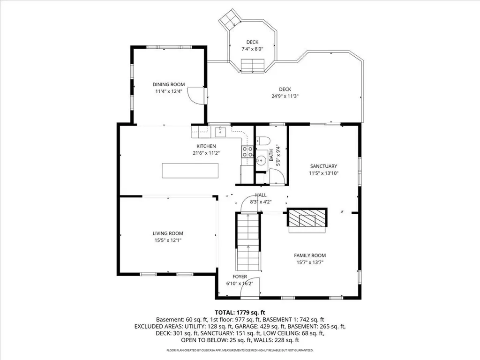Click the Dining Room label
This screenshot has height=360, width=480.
(168, 84)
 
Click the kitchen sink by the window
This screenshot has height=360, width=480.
(218, 132)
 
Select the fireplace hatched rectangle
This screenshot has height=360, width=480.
(306, 218)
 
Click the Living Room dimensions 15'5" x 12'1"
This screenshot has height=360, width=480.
(167, 240)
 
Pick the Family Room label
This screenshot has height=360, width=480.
(310, 255)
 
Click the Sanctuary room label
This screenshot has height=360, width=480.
(323, 166)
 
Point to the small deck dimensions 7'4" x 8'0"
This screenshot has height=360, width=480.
(252, 49)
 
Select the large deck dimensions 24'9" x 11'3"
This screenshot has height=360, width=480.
(285, 96)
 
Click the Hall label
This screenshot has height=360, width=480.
(261, 195)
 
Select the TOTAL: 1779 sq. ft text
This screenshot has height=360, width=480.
(240, 312)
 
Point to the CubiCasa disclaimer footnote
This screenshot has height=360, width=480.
(240, 350)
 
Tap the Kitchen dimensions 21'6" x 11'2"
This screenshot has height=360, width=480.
(206, 153)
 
